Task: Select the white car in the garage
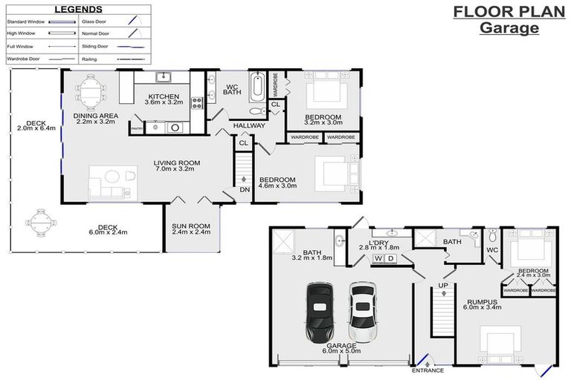(x=361, y=307)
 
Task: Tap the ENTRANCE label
(x=428, y=370)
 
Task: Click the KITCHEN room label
(x=162, y=97)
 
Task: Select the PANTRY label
(x=136, y=129)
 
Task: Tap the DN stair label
(x=245, y=189)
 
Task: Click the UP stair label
(x=442, y=285)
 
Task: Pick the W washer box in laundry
(x=378, y=258)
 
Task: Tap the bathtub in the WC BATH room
(x=257, y=87)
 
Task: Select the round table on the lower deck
(x=39, y=220)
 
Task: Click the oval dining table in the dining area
(x=90, y=92)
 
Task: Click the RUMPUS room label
(x=482, y=301)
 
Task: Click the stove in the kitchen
(x=198, y=103)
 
